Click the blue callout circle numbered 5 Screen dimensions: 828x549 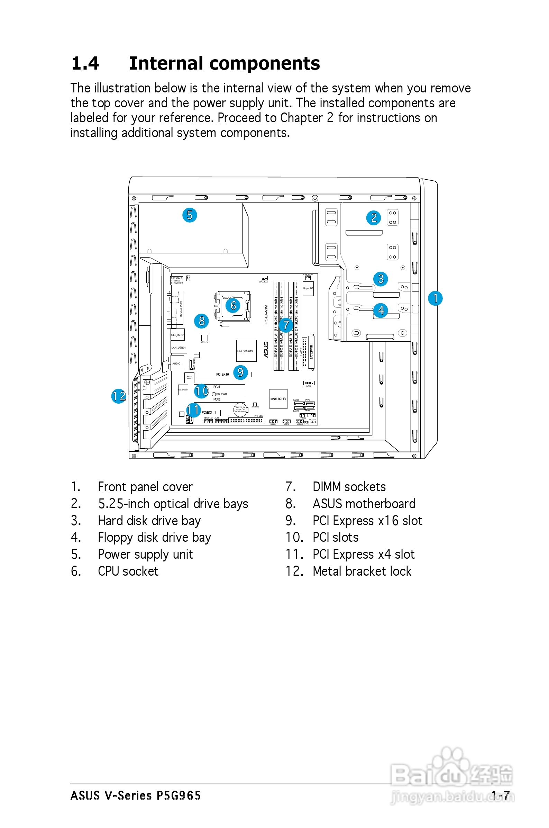[190, 215]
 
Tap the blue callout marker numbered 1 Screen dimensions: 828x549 [435, 298]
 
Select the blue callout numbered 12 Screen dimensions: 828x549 [119, 396]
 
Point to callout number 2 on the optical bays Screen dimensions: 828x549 [374, 218]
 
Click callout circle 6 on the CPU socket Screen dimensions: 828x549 [233, 305]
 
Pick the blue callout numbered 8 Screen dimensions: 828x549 [201, 321]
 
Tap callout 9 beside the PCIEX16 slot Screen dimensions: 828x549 [240, 372]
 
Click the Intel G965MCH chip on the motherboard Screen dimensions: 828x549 [246, 351]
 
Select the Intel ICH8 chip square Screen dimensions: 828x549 [278, 399]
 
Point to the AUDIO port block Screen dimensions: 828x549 [176, 363]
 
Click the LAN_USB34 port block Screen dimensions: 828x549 [179, 348]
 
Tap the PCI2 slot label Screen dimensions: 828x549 [217, 399]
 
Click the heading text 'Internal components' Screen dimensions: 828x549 [225, 63]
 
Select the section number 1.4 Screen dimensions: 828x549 [85, 63]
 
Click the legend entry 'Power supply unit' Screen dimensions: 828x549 [145, 554]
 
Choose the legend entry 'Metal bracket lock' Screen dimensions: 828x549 [362, 571]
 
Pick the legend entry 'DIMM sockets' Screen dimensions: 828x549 [349, 486]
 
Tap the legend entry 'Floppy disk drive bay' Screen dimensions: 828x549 [154, 537]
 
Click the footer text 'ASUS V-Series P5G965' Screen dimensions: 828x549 [136, 795]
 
